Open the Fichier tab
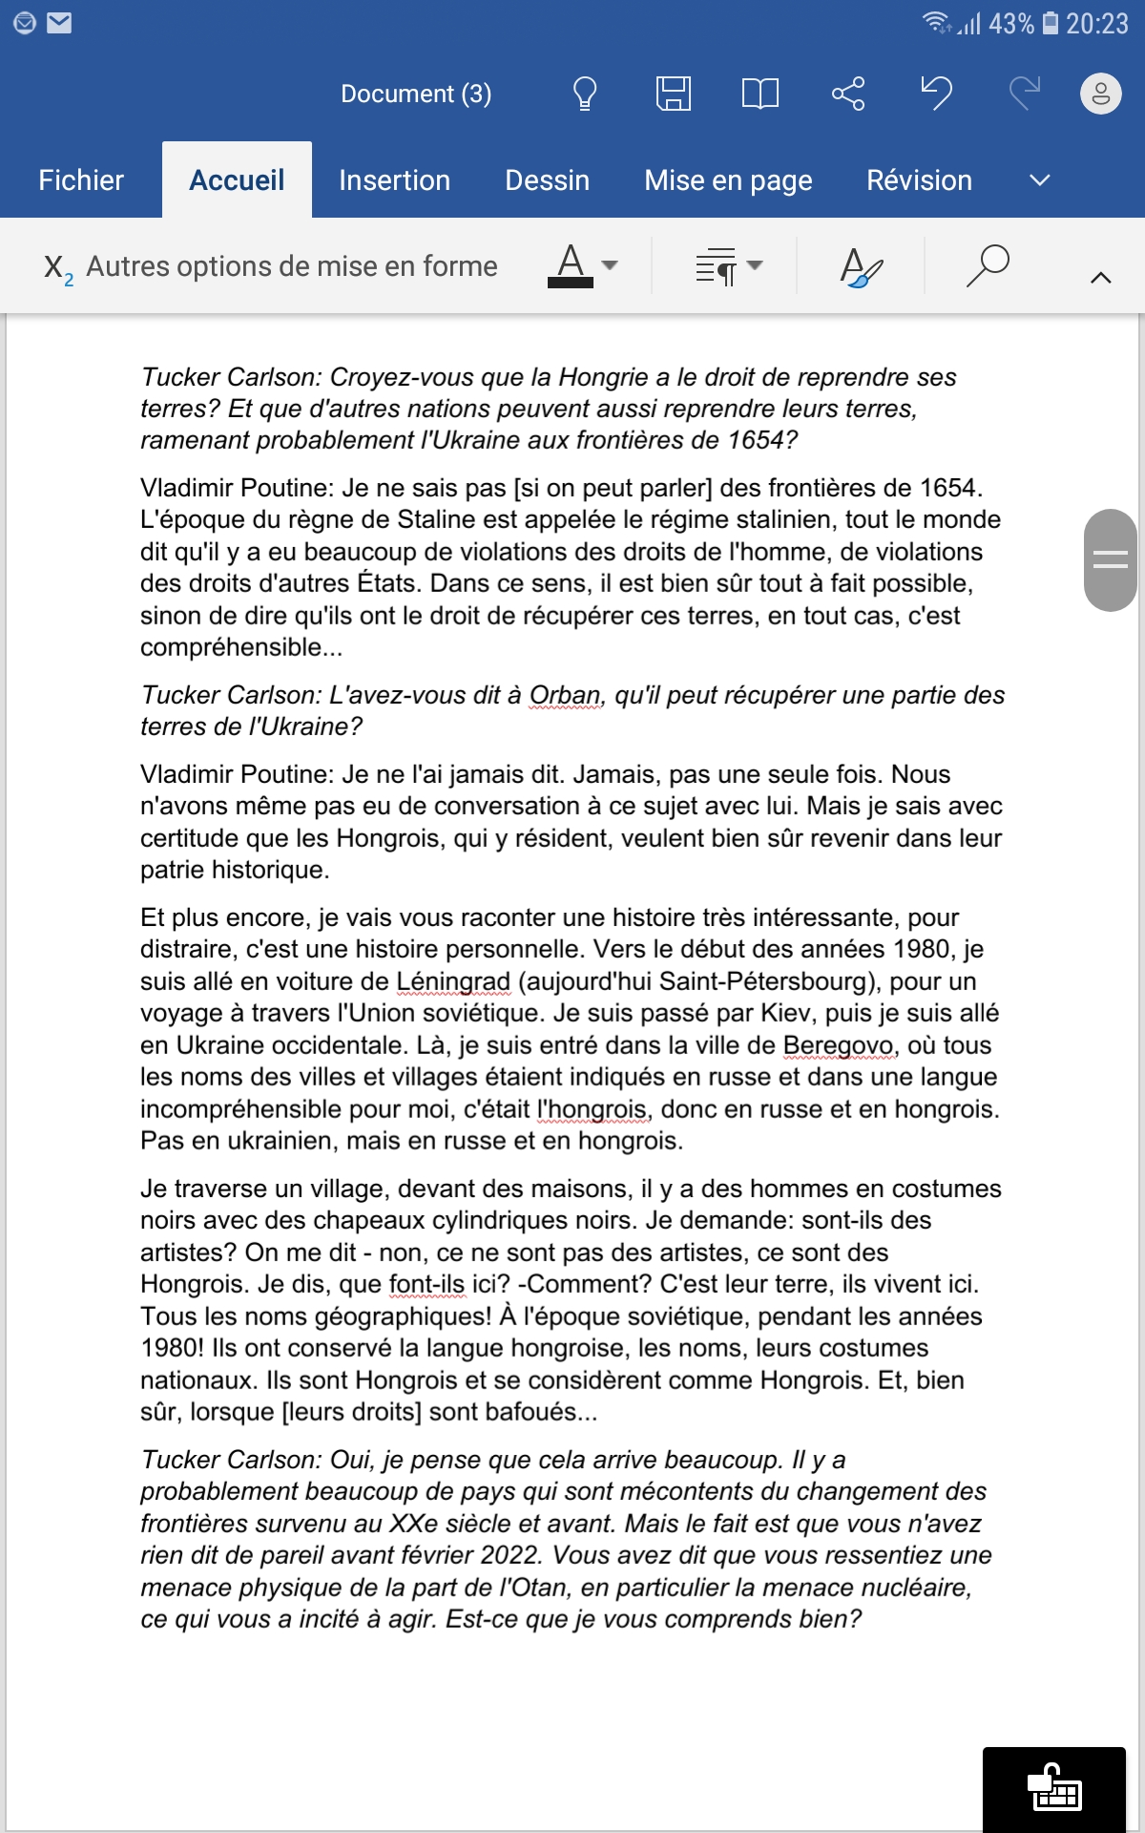point(81,180)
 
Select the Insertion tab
point(394,180)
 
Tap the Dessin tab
point(547,180)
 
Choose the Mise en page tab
point(728,180)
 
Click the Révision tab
point(919,180)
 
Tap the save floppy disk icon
point(673,94)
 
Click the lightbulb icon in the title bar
point(584,94)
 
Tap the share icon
point(847,94)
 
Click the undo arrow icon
point(936,94)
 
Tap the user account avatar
point(1100,94)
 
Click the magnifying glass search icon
point(988,265)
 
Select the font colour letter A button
point(571,265)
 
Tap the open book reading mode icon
point(760,94)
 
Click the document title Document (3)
point(416,94)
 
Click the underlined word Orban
point(565,695)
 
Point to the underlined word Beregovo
point(840,1045)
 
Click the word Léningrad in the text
point(453,981)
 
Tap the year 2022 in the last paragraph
point(510,1555)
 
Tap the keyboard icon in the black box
point(1054,1788)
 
